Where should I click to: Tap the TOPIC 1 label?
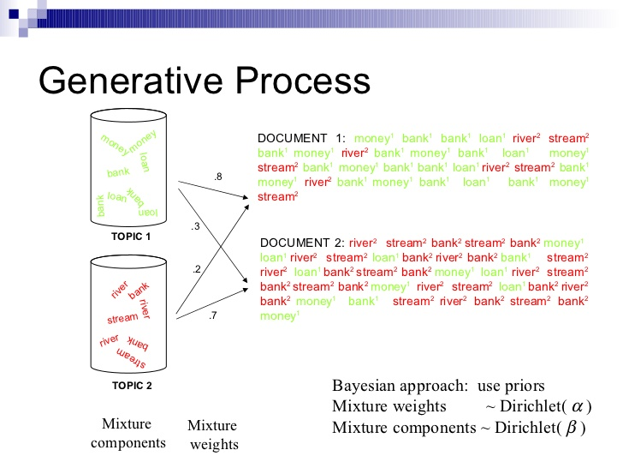tap(131, 237)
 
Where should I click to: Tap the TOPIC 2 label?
tap(131, 386)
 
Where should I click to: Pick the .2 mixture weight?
tap(197, 269)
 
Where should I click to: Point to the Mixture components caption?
tap(127, 434)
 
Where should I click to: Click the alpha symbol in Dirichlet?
tap(576, 405)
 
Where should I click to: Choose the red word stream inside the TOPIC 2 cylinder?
tap(122, 319)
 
